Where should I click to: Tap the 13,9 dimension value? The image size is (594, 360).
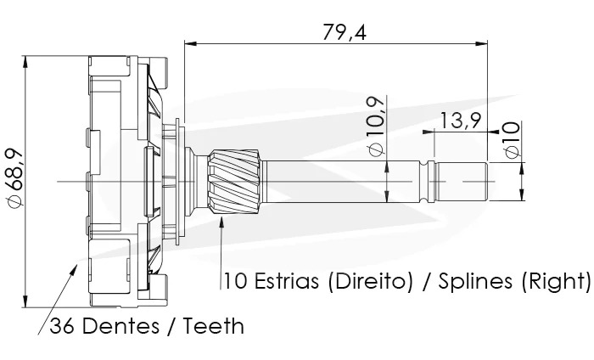tap(461, 121)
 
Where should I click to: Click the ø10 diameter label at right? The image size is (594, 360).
tap(510, 139)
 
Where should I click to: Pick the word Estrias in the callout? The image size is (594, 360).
tap(284, 280)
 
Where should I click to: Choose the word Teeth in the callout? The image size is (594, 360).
tap(211, 325)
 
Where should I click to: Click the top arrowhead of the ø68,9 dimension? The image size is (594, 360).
tap(29, 62)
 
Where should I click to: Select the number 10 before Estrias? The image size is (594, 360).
tap(234, 280)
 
